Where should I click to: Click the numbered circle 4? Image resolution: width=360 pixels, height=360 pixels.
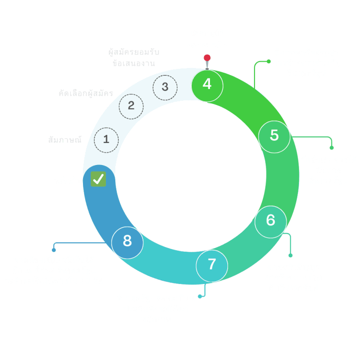tap(207, 85)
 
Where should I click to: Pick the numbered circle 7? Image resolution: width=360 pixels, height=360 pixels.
tap(212, 264)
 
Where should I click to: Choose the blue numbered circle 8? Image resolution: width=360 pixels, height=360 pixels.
tap(127, 242)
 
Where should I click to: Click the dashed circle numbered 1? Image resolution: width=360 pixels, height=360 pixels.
tap(106, 140)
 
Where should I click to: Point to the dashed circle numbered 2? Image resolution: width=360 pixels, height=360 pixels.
tap(131, 106)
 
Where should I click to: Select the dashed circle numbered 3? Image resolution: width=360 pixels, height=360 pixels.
tap(165, 87)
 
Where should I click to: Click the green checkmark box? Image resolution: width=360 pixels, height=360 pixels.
tap(98, 179)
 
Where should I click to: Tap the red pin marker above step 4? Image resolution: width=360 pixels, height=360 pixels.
tap(207, 58)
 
